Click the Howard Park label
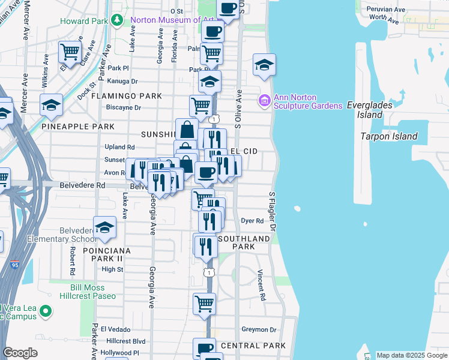click(83, 21)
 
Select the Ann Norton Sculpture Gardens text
click(308, 101)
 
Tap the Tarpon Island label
click(388, 136)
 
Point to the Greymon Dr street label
click(259, 329)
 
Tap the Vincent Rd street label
click(262, 284)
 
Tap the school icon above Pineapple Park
click(52, 104)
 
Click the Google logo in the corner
click(20, 353)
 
